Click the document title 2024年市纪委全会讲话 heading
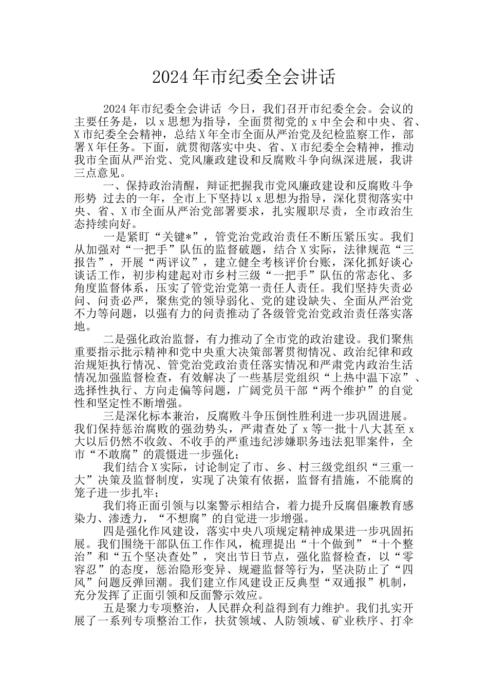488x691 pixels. pyautogui.click(x=243, y=77)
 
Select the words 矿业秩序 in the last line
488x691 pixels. pyautogui.click(x=400, y=621)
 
